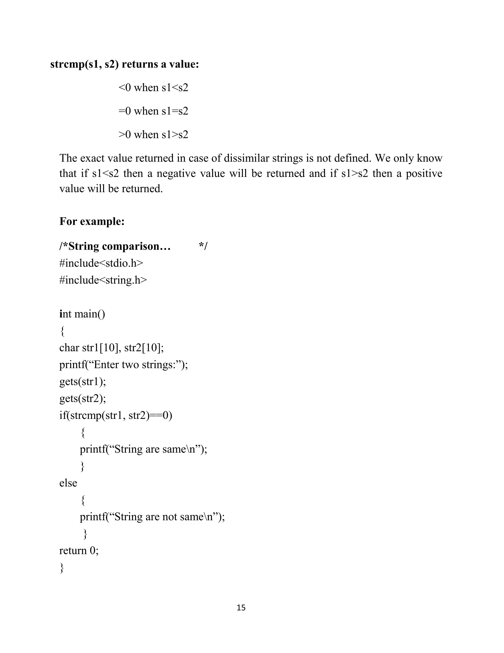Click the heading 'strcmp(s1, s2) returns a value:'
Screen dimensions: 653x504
[125, 64]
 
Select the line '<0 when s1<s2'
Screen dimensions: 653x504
[153, 88]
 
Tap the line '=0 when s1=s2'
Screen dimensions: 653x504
[153, 111]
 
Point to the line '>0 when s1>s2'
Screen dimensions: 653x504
[153, 135]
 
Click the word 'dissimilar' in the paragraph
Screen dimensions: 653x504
[246, 158]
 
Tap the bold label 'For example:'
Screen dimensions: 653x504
[92, 221]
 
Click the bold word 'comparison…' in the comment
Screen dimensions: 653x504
[136, 246]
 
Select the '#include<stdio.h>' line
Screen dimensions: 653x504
[101, 263]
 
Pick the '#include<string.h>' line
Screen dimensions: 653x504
[103, 280]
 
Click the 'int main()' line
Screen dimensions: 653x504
[82, 314]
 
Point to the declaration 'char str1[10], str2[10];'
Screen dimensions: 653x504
[111, 348]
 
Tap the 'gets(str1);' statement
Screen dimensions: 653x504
[82, 381]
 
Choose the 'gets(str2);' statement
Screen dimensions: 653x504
[82, 398]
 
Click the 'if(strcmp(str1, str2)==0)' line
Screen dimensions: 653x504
[116, 416]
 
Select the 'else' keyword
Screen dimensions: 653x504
[68, 483]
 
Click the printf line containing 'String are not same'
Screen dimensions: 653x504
[152, 517]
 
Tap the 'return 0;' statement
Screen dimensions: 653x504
[79, 551]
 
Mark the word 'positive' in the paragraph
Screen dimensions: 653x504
[424, 173]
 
